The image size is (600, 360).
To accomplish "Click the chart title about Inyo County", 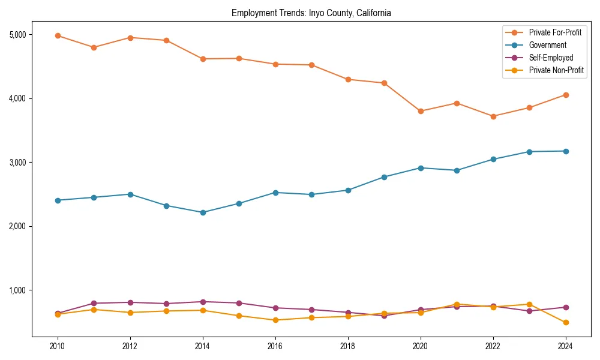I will click(x=311, y=13).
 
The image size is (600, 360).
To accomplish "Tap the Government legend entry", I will click(x=547, y=45).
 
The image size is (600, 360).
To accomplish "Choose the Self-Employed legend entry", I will click(x=551, y=58).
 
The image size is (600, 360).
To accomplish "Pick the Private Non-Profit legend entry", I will click(x=556, y=70).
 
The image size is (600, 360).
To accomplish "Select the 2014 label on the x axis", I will click(x=203, y=346).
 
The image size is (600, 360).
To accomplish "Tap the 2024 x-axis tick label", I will click(x=565, y=346).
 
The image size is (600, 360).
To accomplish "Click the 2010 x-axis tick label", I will click(x=58, y=346).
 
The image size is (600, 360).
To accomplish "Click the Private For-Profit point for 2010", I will click(x=58, y=36).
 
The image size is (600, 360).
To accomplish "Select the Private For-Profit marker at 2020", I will click(x=421, y=111).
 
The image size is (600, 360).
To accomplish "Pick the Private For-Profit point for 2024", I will click(x=565, y=95).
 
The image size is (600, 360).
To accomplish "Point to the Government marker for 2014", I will click(x=203, y=212).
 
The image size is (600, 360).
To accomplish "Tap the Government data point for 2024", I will click(x=565, y=151).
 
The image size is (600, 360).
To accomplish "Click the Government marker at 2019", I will click(x=384, y=177).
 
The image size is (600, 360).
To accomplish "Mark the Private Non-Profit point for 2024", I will click(x=565, y=323).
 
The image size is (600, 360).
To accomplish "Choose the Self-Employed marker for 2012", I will click(x=130, y=302).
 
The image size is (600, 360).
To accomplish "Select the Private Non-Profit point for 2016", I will click(x=275, y=320).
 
